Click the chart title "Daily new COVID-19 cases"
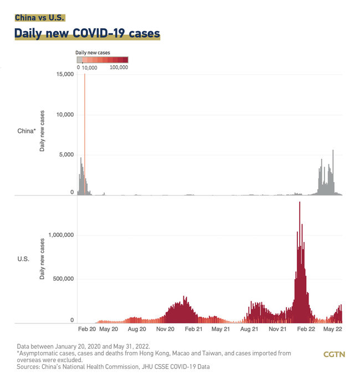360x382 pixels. click(88, 34)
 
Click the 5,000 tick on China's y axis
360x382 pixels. click(66, 154)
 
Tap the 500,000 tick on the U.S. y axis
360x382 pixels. click(62, 278)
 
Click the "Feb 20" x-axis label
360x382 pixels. click(88, 329)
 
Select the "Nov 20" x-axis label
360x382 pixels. click(165, 329)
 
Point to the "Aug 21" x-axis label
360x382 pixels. click(250, 329)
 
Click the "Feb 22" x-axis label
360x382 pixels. click(306, 329)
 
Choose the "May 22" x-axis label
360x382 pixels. click(333, 329)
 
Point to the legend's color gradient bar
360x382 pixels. click(102, 60)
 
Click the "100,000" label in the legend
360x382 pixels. click(119, 67)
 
